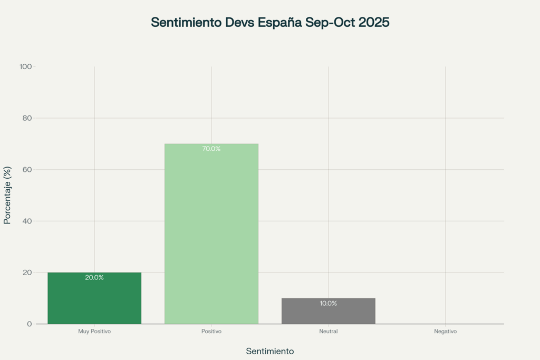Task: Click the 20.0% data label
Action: pyautogui.click(x=94, y=277)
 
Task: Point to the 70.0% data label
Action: pyautogui.click(x=211, y=149)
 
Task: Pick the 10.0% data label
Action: pyautogui.click(x=328, y=303)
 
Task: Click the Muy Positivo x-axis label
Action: pyautogui.click(x=94, y=332)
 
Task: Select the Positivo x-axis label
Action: pyautogui.click(x=211, y=332)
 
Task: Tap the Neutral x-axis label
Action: pyautogui.click(x=328, y=332)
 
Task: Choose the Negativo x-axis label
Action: pyautogui.click(x=445, y=332)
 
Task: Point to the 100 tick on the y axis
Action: pyautogui.click(x=26, y=66)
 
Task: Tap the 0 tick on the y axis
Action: pyautogui.click(x=30, y=324)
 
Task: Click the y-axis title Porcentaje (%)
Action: pyautogui.click(x=7, y=195)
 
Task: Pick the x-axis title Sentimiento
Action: pyautogui.click(x=270, y=351)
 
